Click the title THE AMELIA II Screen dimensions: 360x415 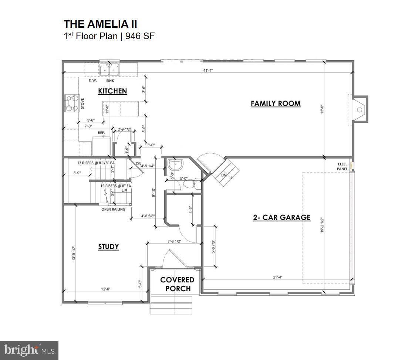point(100,24)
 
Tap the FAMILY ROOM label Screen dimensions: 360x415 point(276,103)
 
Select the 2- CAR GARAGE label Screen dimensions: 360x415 point(281,217)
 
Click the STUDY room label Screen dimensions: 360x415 point(108,247)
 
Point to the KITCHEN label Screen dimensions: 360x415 point(112,91)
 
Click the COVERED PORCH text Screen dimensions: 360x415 point(177,284)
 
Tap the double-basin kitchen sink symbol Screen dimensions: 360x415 point(109,69)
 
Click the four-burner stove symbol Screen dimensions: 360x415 point(71,103)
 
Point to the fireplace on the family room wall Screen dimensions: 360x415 point(360,109)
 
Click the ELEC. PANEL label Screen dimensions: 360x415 point(342,166)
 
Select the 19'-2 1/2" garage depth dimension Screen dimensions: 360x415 point(323,225)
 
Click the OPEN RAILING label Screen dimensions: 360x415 point(113,209)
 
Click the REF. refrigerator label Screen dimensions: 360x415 point(101,132)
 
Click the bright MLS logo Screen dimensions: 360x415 point(30,350)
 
